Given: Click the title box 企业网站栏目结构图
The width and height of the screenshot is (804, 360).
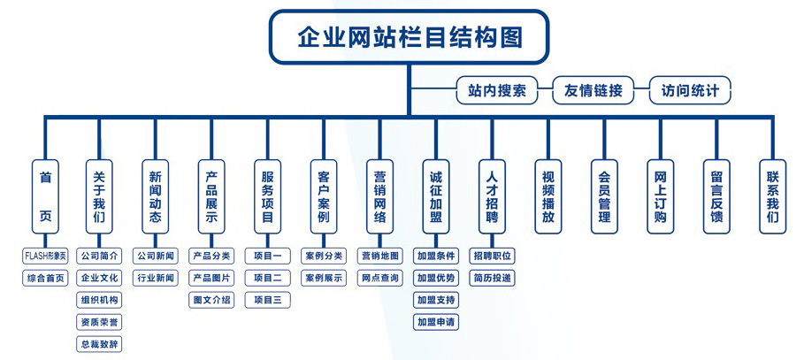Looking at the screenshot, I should coord(409,37).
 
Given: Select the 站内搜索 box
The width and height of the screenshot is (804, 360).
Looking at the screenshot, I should coord(496,90).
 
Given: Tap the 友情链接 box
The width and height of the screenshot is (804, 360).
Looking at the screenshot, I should coord(593,90).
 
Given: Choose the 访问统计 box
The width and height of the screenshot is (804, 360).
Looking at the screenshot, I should coord(690,90).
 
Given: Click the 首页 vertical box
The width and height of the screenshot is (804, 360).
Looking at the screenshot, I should coord(45,196).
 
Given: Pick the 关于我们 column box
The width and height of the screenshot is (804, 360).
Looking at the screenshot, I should coord(100,196).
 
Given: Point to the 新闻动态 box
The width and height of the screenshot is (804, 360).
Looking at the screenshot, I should coord(156,196).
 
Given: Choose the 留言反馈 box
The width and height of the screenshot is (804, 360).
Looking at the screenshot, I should coord(716,196).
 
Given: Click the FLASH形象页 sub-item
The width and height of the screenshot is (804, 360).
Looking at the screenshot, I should coord(45,256).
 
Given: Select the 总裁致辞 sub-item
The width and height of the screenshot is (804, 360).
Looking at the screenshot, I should coord(99,344).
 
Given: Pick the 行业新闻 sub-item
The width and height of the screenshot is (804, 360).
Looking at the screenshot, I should coord(156,278).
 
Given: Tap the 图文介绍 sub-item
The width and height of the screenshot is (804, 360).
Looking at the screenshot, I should coord(211,300).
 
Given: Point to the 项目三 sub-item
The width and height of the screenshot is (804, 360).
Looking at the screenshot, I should coord(267,300).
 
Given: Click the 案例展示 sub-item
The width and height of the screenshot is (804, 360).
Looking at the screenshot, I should coord(324,278).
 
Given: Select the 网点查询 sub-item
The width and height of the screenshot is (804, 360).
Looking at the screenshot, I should coord(379,278).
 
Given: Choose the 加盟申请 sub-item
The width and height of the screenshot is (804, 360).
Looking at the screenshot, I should coord(436,322).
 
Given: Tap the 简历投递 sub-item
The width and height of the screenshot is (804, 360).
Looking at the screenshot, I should coord(492,278).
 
